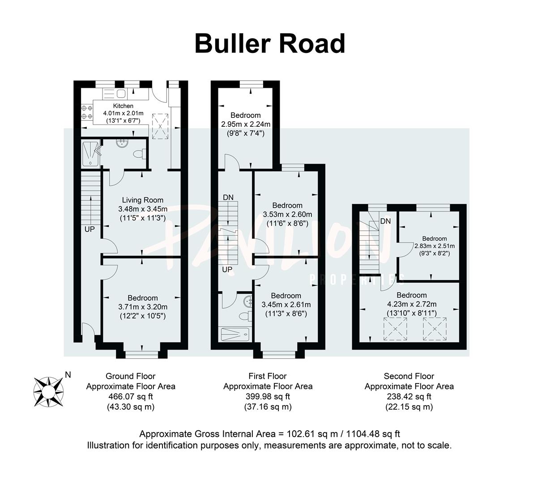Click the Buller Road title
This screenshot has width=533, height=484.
270,44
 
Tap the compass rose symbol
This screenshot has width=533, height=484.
49,388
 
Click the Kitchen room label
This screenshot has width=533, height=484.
123,106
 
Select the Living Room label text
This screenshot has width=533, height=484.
143,200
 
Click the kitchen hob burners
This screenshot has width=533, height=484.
87,112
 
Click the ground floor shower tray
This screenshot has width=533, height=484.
90,153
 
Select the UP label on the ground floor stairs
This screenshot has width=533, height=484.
90,229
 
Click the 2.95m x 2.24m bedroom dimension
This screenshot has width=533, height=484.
246,124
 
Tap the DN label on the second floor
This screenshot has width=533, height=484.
385,221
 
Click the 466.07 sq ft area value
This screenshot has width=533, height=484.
130,397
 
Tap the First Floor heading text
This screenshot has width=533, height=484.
268,376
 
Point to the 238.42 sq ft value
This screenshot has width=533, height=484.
409,397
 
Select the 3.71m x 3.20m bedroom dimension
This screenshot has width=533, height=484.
143,307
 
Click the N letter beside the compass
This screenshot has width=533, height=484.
68,375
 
